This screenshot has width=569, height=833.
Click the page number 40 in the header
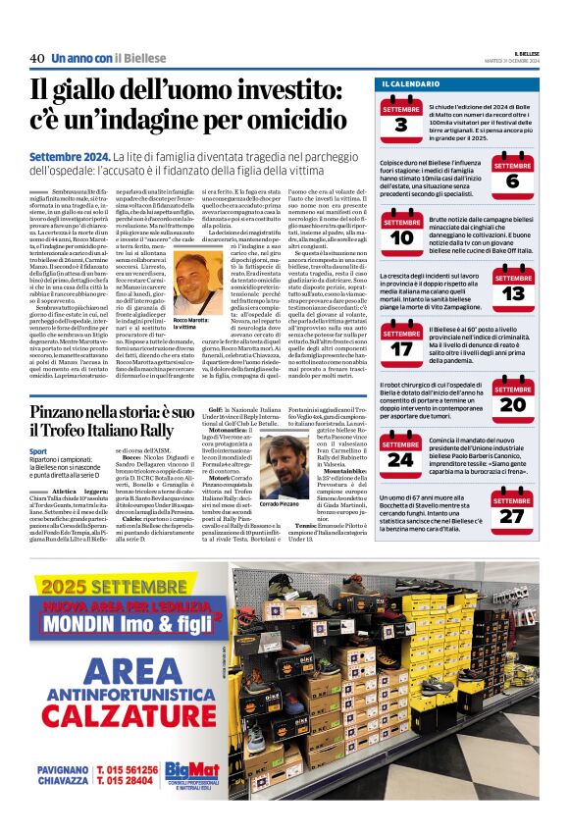37,59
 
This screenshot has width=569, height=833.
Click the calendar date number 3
401,124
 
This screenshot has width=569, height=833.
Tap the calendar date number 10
401,235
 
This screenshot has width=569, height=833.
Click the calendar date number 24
401,458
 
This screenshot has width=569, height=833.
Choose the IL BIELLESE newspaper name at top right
525,53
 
